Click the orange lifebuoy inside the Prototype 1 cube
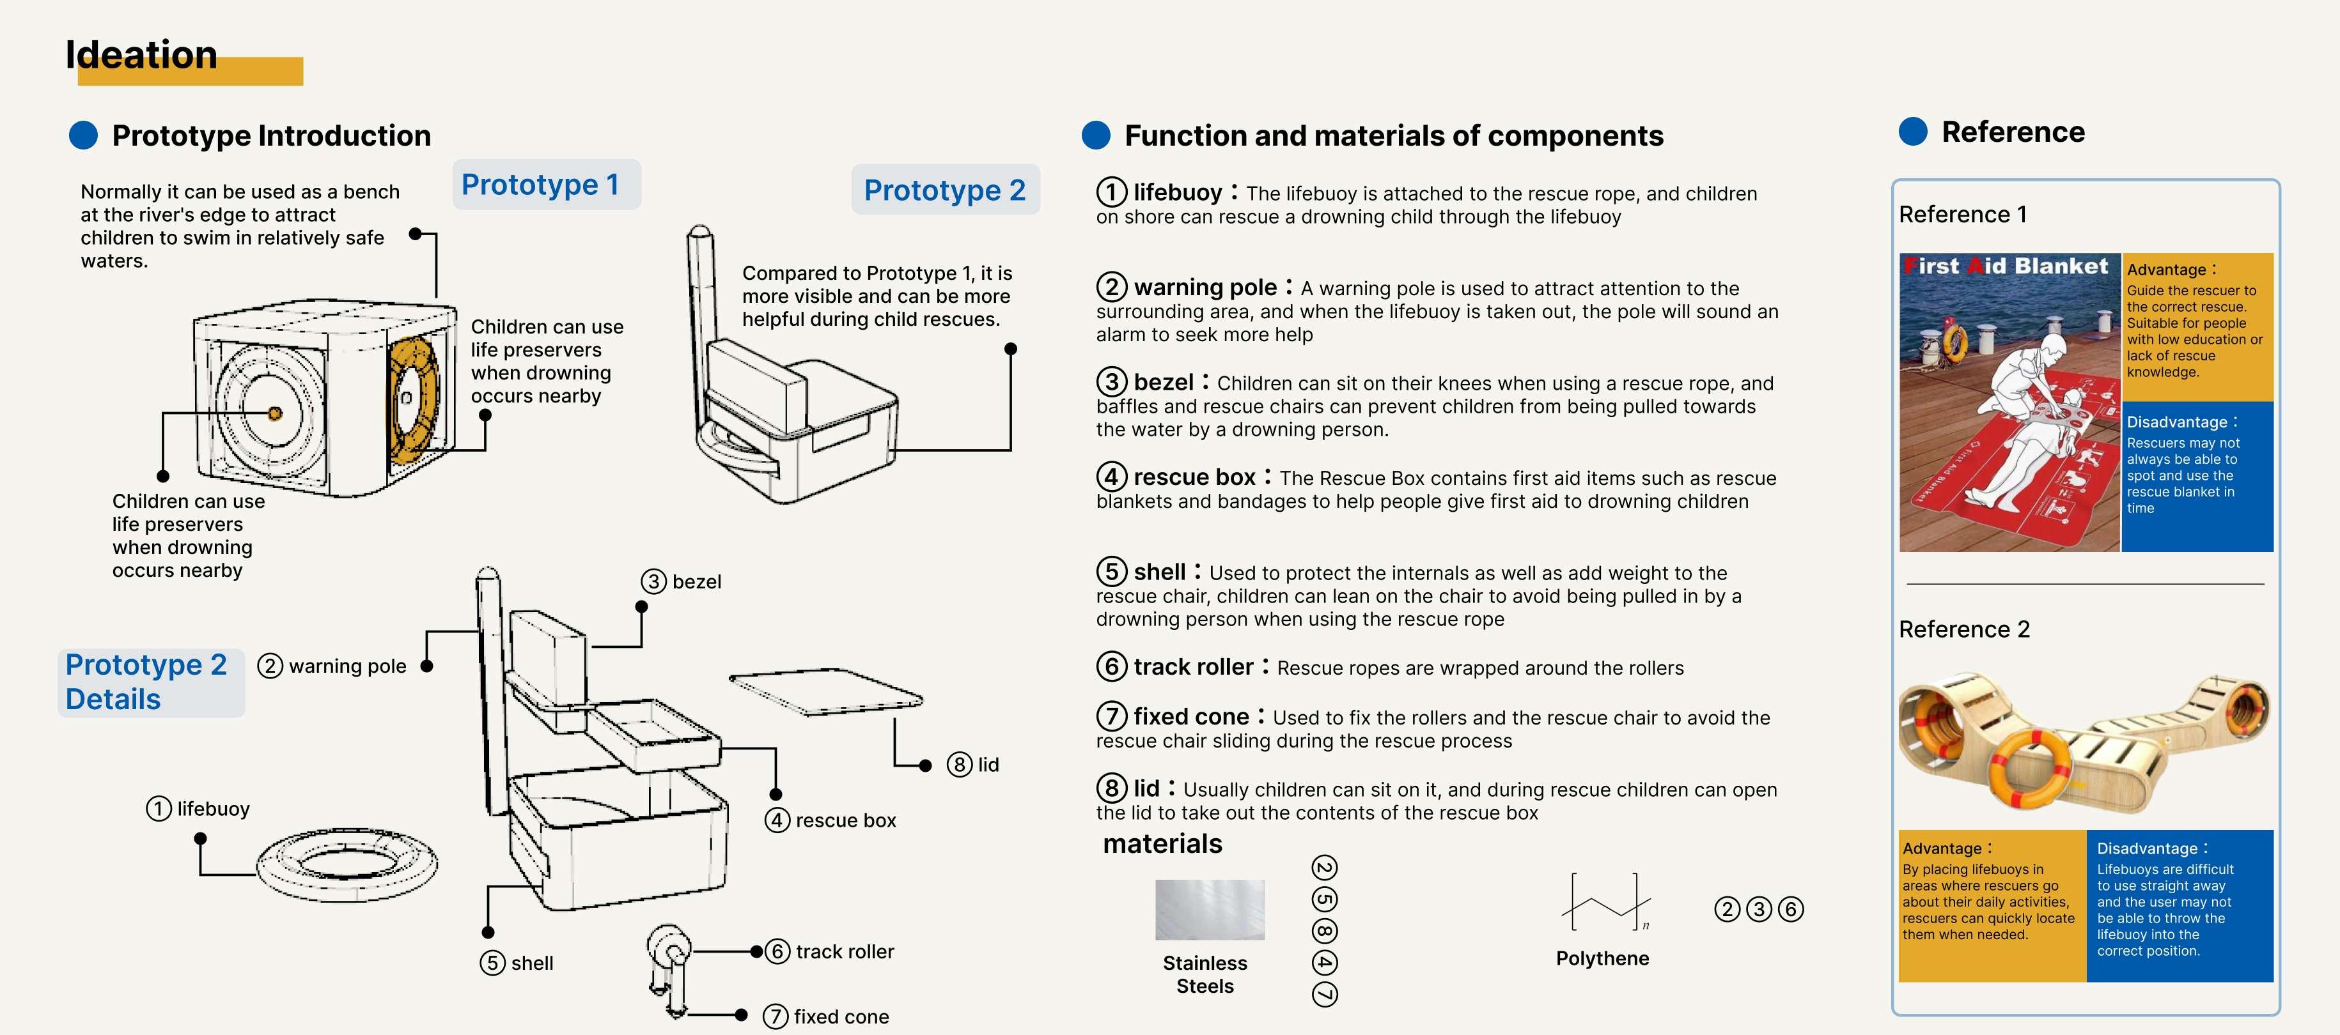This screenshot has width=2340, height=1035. click(x=412, y=399)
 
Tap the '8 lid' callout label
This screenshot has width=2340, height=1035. click(x=973, y=765)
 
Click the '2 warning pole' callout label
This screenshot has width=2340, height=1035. click(x=332, y=666)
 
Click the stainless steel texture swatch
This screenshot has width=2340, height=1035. click(x=1209, y=908)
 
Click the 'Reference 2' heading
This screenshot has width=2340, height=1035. click(x=1964, y=629)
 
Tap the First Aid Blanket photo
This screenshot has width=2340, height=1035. click(x=2009, y=402)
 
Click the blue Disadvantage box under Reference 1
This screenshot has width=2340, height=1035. click(x=2197, y=477)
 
